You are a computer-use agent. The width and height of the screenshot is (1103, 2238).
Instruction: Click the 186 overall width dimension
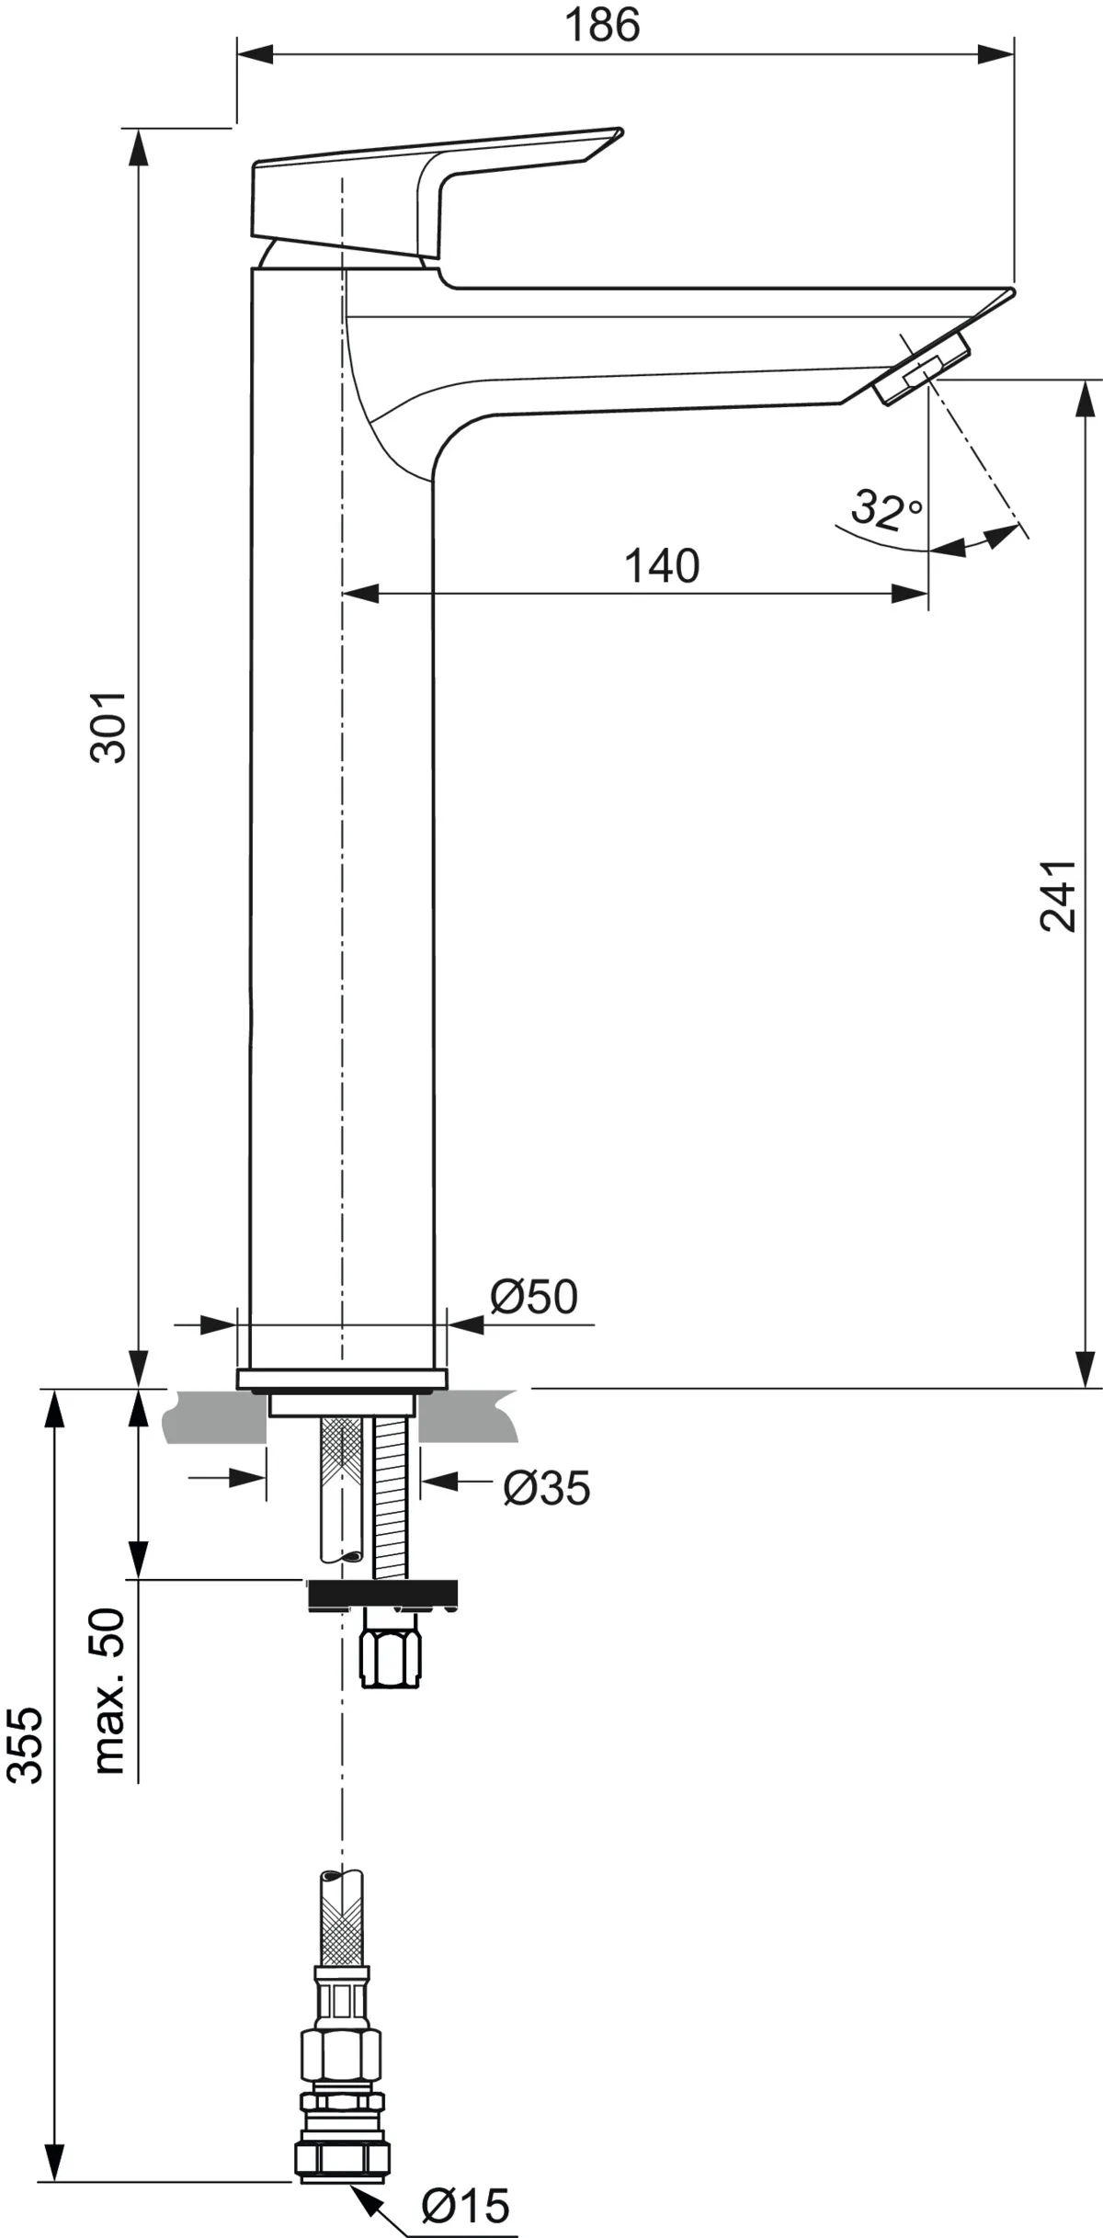pos(602,25)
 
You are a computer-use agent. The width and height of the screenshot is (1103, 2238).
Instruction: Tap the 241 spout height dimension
pos(1057,896)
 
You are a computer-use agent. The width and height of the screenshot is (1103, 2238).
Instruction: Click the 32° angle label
pos(885,508)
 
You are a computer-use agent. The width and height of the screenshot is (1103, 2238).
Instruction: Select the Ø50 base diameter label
pos(534,1297)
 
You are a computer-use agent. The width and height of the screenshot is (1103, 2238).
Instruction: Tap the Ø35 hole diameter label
pos(546,1487)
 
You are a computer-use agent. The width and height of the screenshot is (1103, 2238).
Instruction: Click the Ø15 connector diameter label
pos(465,2206)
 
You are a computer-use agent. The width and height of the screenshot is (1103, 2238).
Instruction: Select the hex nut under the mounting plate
pos(391,1659)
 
